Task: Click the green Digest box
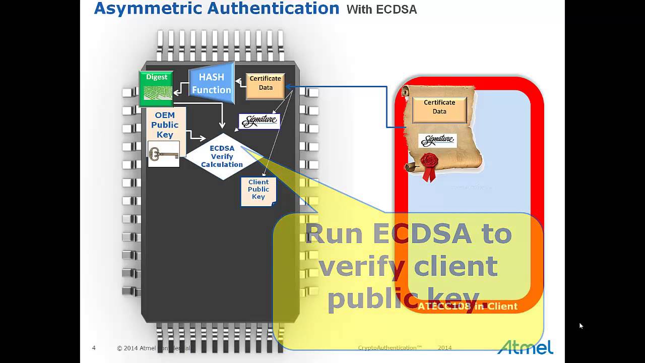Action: pos(156,88)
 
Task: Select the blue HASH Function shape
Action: pos(212,83)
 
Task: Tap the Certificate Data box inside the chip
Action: pos(266,83)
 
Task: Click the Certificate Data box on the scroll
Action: pos(439,107)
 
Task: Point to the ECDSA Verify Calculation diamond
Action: pos(222,156)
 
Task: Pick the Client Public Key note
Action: pos(259,191)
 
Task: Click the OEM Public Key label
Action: pos(165,125)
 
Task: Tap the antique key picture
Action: pos(163,154)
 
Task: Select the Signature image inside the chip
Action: pos(259,121)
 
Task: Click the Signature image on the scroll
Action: pos(437,140)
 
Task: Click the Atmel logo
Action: pos(525,347)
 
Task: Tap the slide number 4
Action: pos(94,348)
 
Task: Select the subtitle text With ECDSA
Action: pos(381,10)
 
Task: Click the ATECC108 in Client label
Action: pos(467,306)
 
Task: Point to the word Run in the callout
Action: pos(335,233)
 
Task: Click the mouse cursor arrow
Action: pos(581,326)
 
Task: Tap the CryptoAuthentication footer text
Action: pos(390,348)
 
